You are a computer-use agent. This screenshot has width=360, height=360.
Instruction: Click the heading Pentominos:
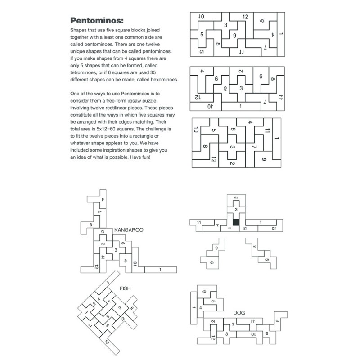(97, 20)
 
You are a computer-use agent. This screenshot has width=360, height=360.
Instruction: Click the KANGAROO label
(129, 230)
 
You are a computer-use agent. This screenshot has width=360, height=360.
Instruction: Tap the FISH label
(125, 288)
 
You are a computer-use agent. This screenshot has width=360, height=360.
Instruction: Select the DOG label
(239, 313)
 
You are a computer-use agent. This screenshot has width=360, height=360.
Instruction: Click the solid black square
(236, 222)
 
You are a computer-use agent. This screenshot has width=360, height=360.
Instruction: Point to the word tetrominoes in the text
(83, 72)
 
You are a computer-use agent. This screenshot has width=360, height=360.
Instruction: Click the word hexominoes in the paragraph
(165, 80)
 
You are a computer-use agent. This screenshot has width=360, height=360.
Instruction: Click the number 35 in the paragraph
(153, 72)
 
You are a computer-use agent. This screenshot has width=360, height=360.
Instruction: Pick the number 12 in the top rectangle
(245, 17)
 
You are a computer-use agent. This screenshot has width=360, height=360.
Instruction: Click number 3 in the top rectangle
(226, 25)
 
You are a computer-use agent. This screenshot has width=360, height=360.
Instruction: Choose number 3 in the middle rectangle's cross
(241, 88)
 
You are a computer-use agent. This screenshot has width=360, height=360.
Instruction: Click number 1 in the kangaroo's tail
(160, 270)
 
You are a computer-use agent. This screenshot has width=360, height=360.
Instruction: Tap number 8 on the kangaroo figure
(91, 225)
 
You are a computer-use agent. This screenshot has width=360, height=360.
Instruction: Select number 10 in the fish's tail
(107, 342)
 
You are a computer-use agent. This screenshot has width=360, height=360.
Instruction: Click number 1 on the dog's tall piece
(194, 308)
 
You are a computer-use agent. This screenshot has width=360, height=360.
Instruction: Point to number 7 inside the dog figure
(233, 324)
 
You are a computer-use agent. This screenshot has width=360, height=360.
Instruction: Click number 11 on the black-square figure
(199, 222)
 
